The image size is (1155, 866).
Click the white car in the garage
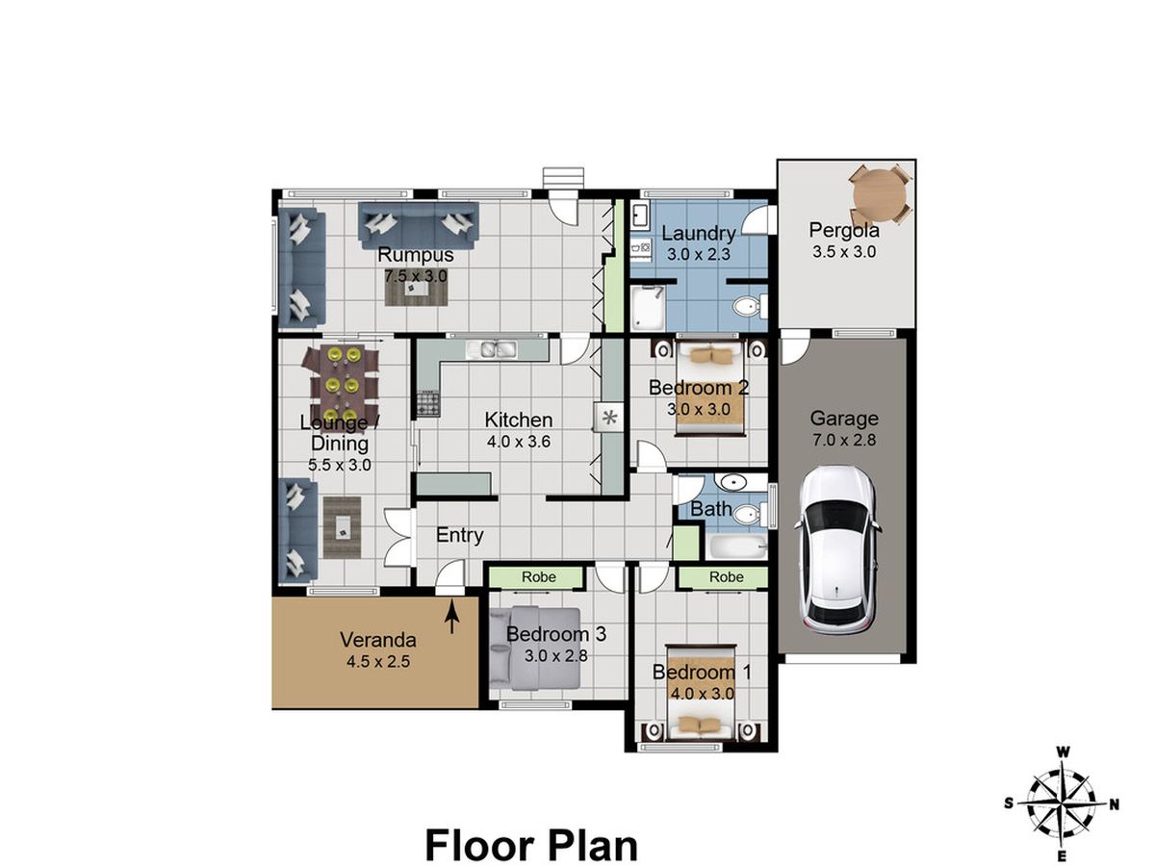(x=836, y=550)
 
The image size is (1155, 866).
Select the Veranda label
(x=378, y=640)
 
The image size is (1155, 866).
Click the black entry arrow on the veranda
(x=452, y=620)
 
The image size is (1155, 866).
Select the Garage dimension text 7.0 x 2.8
(x=844, y=440)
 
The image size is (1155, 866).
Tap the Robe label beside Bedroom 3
(x=538, y=576)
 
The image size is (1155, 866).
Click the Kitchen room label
(x=518, y=420)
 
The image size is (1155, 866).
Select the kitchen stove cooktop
(x=427, y=404)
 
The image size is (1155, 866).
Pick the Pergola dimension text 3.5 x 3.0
(x=844, y=252)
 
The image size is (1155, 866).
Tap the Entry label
(x=459, y=535)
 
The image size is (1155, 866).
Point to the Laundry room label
(x=698, y=233)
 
